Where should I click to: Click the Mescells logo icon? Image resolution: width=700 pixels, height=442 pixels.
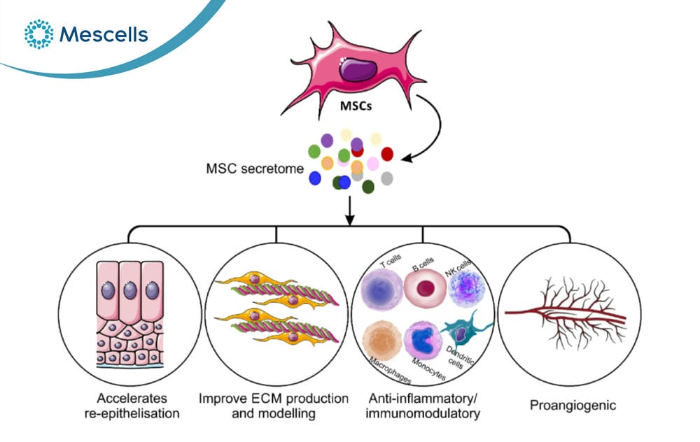pyautogui.click(x=38, y=34)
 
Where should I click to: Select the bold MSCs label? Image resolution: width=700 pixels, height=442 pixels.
pyautogui.click(x=356, y=106)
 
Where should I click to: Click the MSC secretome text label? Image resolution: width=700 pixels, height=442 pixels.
pyautogui.click(x=255, y=169)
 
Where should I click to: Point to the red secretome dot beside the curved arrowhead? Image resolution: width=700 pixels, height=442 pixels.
pyautogui.click(x=387, y=154)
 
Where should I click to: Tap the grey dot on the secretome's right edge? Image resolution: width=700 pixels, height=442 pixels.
pyautogui.click(x=387, y=178)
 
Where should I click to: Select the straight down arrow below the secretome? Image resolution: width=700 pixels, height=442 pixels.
pyautogui.click(x=349, y=210)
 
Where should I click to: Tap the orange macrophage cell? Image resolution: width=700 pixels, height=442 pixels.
pyautogui.click(x=381, y=341)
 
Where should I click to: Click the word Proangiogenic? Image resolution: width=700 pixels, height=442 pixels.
pyautogui.click(x=573, y=406)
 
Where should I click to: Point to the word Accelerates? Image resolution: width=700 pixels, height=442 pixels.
pyautogui.click(x=132, y=398)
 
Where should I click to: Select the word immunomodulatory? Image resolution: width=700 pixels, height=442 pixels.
pyautogui.click(x=423, y=413)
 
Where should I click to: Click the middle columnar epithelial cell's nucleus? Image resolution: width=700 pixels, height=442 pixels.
pyautogui.click(x=130, y=290)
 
